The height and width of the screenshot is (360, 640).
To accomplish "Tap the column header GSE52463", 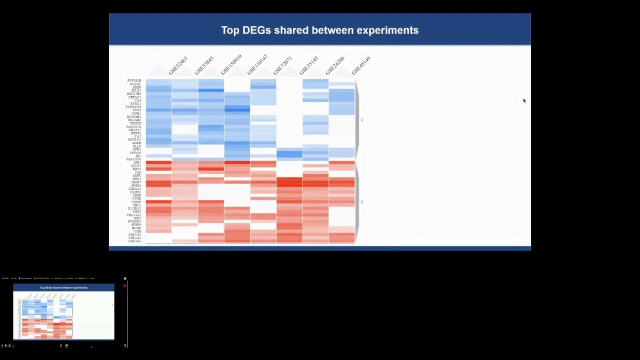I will (178, 66).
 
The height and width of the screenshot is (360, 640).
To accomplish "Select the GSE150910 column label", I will (231, 64).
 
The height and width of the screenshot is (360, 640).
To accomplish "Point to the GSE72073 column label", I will (283, 66).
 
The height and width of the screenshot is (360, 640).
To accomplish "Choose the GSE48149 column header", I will (361, 65).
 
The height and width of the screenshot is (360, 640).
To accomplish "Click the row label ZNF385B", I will (134, 81).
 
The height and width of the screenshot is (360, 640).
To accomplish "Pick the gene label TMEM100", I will (133, 107).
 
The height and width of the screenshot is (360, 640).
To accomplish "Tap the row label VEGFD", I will (135, 123).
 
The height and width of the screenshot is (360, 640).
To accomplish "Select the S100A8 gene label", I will (135, 153).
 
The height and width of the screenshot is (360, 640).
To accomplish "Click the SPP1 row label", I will (136, 163).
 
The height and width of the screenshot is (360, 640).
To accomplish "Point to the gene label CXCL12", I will (134, 189).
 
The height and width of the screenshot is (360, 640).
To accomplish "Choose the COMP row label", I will (136, 202).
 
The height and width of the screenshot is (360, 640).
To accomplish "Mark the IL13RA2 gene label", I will (134, 208).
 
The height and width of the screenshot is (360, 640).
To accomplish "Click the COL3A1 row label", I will (134, 241).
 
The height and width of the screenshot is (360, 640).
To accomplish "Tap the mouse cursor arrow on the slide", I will (524, 101).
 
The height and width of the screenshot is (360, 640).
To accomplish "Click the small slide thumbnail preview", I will (63, 311).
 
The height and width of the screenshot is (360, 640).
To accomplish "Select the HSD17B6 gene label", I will (133, 94).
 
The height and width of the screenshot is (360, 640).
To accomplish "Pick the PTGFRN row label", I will (134, 221).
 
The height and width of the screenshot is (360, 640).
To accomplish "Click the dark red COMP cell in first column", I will (158, 202).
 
